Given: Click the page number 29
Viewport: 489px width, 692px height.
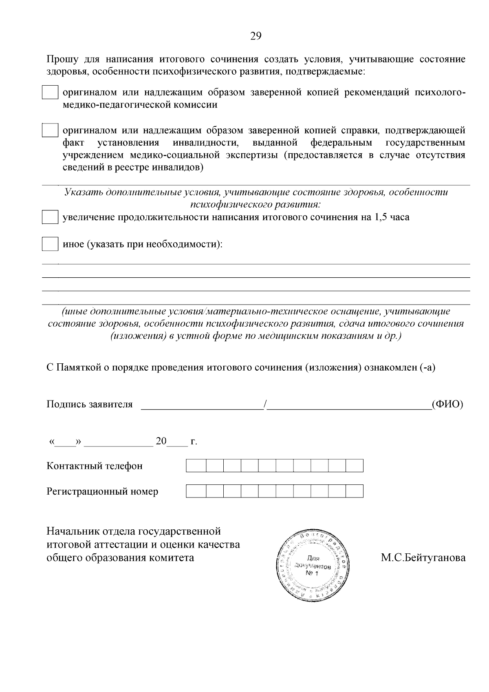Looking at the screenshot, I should (x=256, y=36).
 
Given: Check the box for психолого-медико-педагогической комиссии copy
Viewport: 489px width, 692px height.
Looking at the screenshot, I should (x=50, y=93).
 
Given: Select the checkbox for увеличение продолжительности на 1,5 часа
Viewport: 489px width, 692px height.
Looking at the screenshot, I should (x=50, y=217).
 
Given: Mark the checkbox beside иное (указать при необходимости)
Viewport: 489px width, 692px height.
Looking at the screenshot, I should (x=50, y=244).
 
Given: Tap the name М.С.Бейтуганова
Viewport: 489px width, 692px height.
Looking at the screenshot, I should (x=423, y=557).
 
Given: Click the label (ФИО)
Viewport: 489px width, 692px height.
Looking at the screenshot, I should (x=447, y=404).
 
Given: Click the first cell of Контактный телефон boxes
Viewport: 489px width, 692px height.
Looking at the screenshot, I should (x=196, y=466).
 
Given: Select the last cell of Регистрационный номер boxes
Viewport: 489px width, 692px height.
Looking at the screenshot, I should (x=354, y=491).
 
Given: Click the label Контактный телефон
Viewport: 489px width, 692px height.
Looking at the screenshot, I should (x=95, y=466).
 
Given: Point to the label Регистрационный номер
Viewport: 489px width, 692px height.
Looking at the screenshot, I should (x=102, y=491).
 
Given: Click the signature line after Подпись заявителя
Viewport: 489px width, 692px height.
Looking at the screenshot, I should (x=202, y=405).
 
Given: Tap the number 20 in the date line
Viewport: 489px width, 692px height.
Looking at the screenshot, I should (x=161, y=441).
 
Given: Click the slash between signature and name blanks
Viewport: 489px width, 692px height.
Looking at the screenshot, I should (x=265, y=405).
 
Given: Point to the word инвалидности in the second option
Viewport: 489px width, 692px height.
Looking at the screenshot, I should (x=205, y=143).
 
